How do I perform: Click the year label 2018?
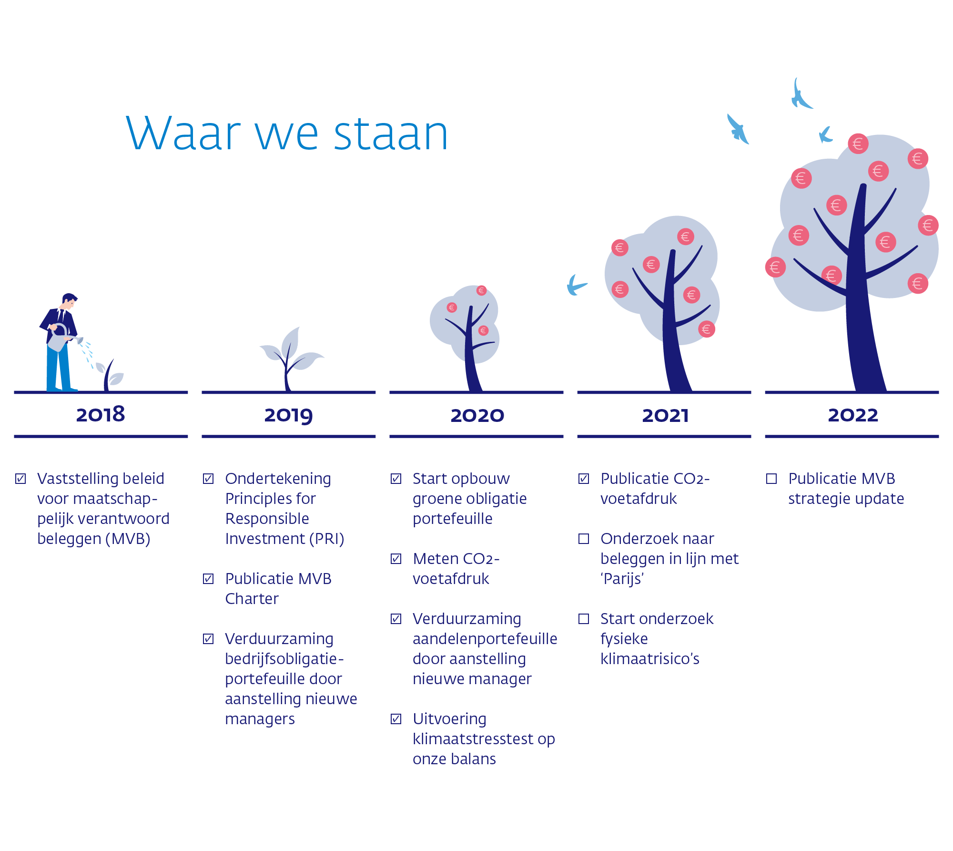click(101, 414)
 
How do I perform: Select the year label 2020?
click(477, 415)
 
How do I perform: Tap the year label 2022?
click(852, 415)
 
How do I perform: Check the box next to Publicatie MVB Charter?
click(208, 579)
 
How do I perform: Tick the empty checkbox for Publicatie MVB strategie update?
click(771, 479)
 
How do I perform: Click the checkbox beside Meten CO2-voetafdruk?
click(396, 559)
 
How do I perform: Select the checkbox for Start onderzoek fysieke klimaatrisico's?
click(584, 619)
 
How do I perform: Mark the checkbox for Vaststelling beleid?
click(20, 479)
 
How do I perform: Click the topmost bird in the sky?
click(801, 95)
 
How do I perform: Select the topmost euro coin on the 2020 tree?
click(481, 290)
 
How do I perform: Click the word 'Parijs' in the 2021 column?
click(622, 579)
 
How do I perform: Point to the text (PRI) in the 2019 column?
click(327, 539)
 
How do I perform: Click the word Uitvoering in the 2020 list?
click(449, 719)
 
